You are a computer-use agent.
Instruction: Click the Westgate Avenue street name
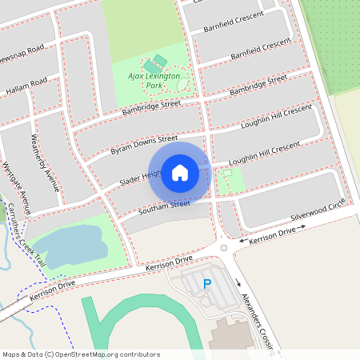[x=15, y=188]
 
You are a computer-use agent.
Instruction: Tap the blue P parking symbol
[x=207, y=284]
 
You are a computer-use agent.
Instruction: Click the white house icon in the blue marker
[x=179, y=172]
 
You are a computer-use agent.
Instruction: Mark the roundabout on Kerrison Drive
[x=224, y=248]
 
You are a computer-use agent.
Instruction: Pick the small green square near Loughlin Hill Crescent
[x=227, y=172]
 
